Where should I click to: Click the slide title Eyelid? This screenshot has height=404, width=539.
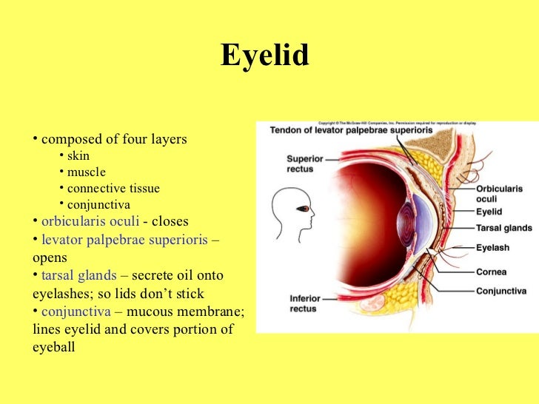264,56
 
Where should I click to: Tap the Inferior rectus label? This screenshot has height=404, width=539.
304,303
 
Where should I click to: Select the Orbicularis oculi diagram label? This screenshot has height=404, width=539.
499,193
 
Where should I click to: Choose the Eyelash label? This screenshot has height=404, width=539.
492,248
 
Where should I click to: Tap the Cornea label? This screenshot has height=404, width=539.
491,272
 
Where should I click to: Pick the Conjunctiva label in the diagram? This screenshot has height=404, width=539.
501,291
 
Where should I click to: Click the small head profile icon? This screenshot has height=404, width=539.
291,212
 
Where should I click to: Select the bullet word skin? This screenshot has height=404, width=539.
78,156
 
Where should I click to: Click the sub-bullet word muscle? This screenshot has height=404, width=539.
86,172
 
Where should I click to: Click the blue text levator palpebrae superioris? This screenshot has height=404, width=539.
124,240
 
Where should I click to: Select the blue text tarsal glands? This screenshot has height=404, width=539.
78,275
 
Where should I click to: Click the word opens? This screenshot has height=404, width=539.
50,257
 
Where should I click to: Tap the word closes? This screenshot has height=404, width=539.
170,221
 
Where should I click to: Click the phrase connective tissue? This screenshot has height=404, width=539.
113,189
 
